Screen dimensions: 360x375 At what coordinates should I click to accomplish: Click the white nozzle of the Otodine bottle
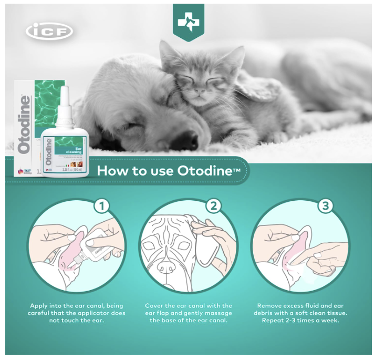tap(65, 105)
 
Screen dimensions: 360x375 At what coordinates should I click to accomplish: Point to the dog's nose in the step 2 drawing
tap(167, 266)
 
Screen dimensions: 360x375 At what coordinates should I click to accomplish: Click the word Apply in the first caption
tap(40, 305)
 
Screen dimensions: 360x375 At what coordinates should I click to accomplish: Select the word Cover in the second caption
tap(155, 305)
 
